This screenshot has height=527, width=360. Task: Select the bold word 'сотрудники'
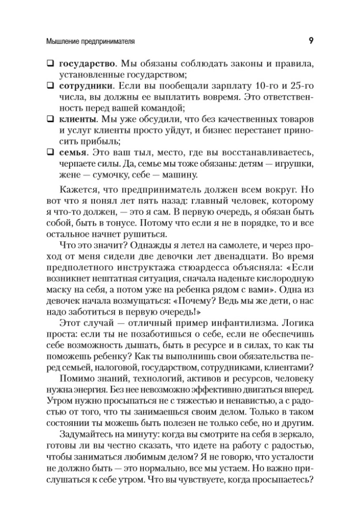84,85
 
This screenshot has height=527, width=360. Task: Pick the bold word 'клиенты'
77,118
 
